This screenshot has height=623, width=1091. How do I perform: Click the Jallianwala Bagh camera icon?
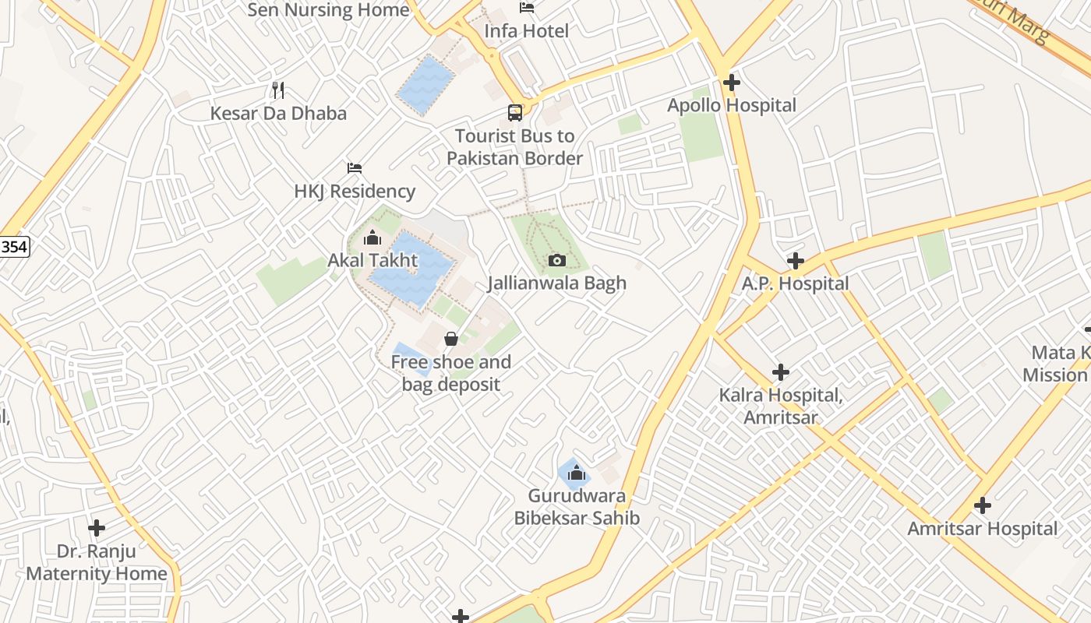point(556,260)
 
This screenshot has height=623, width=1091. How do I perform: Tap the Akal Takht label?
point(372,260)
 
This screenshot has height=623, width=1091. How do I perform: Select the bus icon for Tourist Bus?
point(515,113)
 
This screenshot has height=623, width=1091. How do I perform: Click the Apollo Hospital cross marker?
point(731,82)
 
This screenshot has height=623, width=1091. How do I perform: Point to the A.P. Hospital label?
point(795,283)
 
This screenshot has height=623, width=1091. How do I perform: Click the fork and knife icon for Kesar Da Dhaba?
point(278,90)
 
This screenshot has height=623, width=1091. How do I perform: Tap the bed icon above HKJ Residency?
point(355,168)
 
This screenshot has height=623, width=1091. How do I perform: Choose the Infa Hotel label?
point(527,31)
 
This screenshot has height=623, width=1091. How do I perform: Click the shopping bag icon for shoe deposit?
point(450,339)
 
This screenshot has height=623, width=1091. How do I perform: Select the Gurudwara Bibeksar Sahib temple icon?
point(576,473)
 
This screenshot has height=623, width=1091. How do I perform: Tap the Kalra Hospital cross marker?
point(780,372)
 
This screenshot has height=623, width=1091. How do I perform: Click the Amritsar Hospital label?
point(982,529)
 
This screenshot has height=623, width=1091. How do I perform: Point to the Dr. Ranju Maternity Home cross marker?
point(97,528)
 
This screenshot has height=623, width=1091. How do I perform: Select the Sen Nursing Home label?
point(328,10)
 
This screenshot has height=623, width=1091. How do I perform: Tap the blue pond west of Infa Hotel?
point(425,85)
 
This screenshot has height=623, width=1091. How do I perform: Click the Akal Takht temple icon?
point(372,238)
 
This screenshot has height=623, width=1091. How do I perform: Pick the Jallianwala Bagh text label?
point(556,283)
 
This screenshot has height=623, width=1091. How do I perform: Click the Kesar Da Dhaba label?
point(278,113)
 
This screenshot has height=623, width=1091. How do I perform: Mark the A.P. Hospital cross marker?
point(795,260)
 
